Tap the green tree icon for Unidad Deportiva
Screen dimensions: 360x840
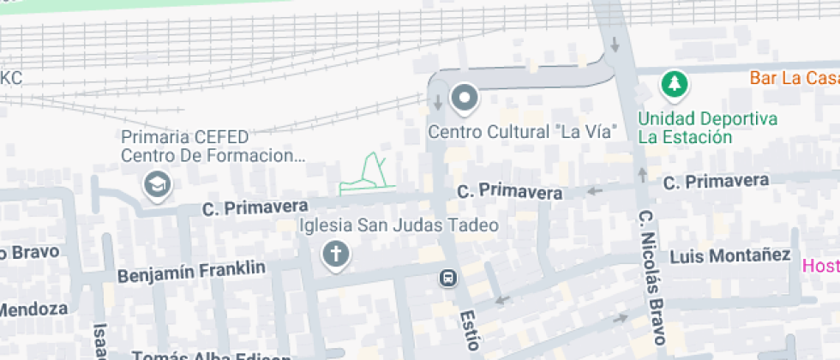pos(675,85)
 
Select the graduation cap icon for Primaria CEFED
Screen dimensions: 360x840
pos(158,184)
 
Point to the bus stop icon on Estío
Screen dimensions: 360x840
pos(447,278)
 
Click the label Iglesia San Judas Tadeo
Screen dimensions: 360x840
pos(398,226)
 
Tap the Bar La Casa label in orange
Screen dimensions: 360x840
pos(794,78)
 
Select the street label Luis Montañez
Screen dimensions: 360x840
pos(729,255)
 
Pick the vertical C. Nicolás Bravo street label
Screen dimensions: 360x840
pos(651,273)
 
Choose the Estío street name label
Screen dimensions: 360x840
pos(468,329)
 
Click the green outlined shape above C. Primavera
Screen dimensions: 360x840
pos(366,175)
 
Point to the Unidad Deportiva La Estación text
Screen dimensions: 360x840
pos(707,128)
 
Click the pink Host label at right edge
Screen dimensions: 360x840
pos(820,266)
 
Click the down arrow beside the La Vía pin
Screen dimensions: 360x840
pos(438,103)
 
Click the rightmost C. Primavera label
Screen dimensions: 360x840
pos(716,181)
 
